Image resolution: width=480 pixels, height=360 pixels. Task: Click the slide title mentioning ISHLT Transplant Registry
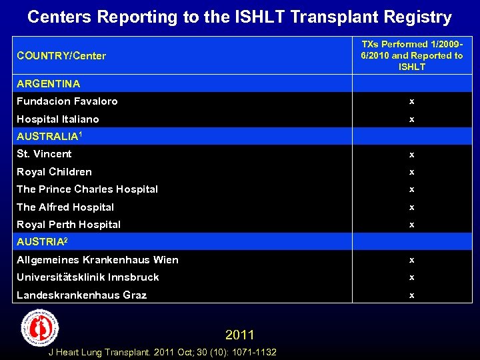(x=239, y=17)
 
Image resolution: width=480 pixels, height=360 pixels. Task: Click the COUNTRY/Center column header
(x=61, y=56)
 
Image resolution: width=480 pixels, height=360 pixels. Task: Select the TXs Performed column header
(x=411, y=55)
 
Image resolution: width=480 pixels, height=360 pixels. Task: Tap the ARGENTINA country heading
(x=48, y=84)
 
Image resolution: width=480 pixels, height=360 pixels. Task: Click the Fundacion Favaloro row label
(x=67, y=101)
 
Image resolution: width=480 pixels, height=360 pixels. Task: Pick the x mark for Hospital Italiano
(x=411, y=119)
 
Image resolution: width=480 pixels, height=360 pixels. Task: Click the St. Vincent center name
(x=44, y=154)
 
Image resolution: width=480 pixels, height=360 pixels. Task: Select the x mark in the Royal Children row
(x=411, y=172)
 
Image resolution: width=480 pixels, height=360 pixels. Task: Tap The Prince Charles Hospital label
(x=87, y=189)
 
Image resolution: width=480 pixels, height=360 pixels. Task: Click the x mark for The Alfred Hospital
(x=411, y=207)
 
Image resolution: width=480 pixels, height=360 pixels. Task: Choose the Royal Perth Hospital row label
(x=69, y=225)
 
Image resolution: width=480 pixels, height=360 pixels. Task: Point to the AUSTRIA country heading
(x=42, y=242)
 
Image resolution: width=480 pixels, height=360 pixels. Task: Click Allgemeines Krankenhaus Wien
(x=97, y=260)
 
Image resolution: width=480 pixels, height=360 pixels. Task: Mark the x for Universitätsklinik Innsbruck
(x=411, y=277)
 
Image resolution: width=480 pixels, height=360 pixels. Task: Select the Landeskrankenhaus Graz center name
(x=81, y=295)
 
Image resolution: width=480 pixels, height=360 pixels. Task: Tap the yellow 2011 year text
(x=239, y=334)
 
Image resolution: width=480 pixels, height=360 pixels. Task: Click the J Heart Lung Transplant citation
(x=163, y=352)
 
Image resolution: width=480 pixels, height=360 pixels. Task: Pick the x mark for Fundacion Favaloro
(x=411, y=101)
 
